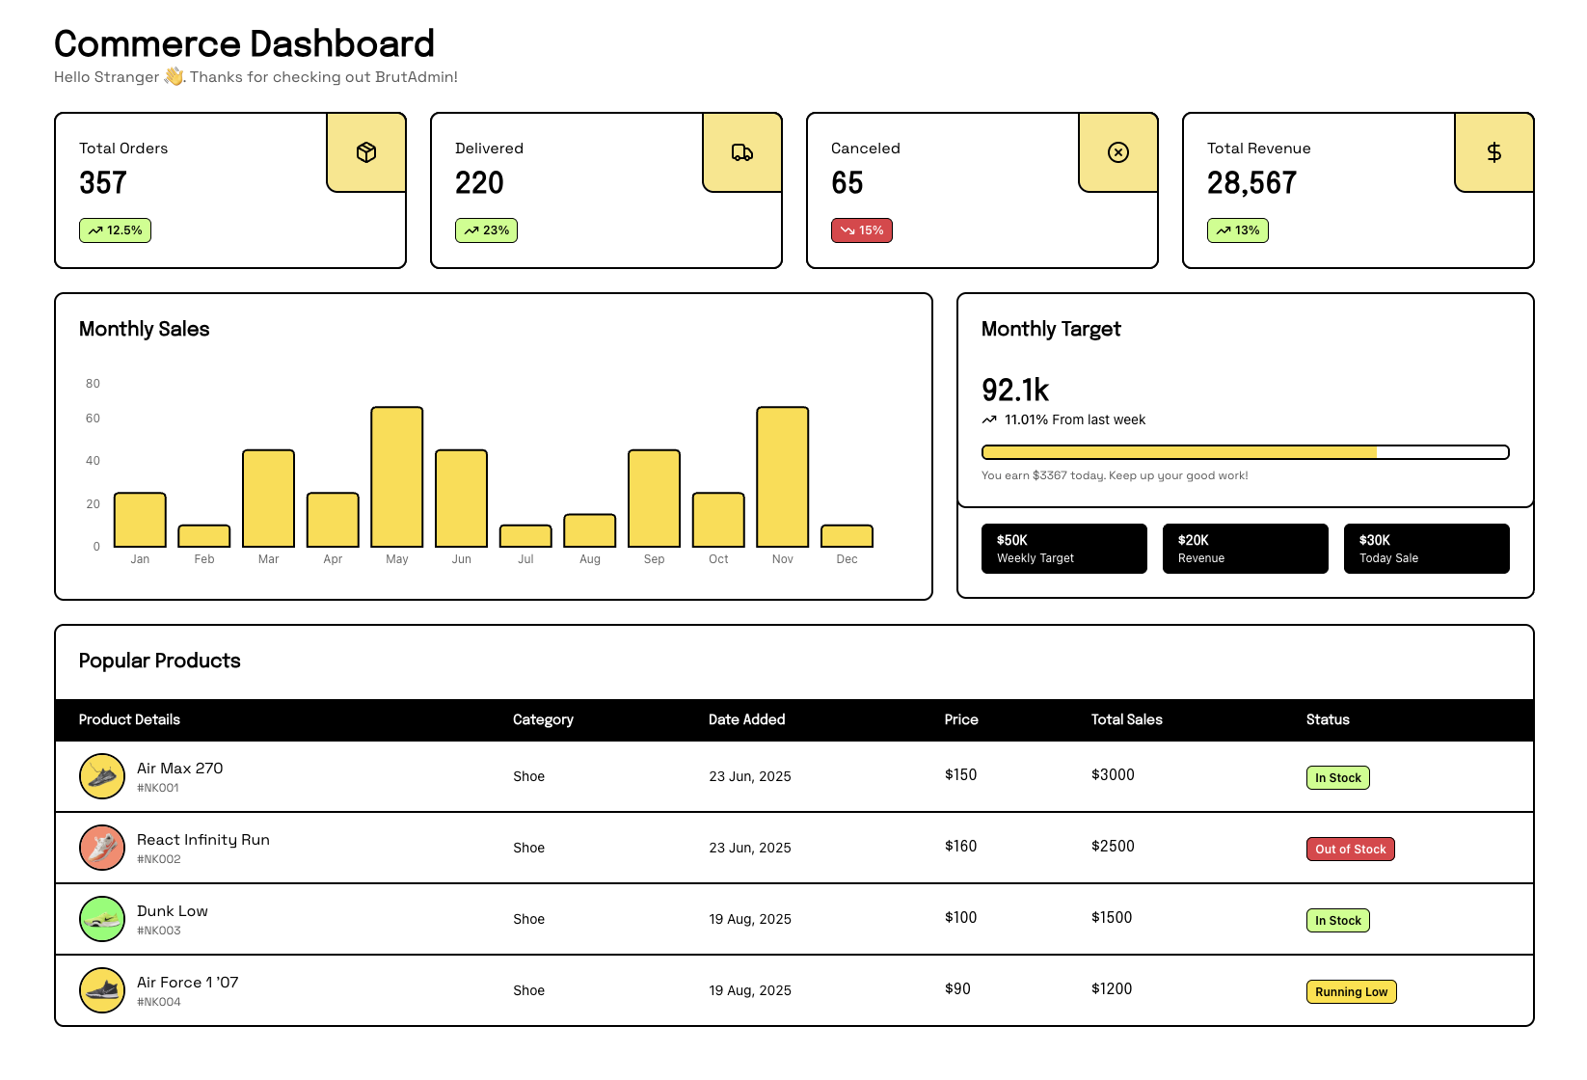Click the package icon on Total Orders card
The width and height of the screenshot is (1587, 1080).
point(366,152)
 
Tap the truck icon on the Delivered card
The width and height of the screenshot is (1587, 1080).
point(742,152)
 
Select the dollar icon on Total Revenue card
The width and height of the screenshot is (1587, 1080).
point(1493,152)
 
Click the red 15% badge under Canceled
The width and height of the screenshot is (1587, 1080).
point(862,230)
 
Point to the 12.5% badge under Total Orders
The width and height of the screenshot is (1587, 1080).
point(116,230)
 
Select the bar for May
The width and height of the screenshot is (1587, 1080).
point(397,477)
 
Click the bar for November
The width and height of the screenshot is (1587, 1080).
point(783,477)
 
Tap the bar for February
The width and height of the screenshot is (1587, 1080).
point(204,536)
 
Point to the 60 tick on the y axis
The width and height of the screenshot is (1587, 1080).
point(93,418)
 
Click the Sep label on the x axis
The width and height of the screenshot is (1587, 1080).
point(655,559)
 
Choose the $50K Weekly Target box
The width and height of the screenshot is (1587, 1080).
point(1064,549)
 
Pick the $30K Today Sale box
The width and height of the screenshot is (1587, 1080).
point(1426,549)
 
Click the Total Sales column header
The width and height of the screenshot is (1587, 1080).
point(1127,719)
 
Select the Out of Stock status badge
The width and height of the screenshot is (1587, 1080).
point(1351,850)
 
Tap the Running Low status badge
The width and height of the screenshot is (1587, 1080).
point(1352,992)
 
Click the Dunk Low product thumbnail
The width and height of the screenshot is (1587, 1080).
point(102,919)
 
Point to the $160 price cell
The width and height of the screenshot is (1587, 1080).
point(961,847)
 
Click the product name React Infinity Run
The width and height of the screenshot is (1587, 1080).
point(203,840)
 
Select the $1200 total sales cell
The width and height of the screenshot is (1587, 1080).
point(1112,989)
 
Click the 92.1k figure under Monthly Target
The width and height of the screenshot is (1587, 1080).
point(1015,391)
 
